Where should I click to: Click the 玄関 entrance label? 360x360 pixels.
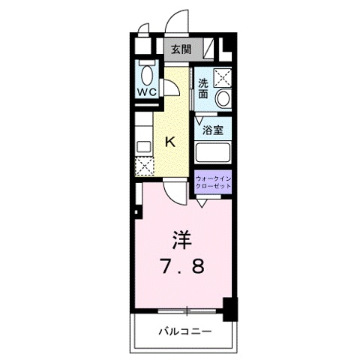179,49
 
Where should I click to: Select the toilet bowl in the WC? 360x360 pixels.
146,74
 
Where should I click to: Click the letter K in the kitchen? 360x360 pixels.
170,141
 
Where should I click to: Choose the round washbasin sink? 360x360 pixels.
223,98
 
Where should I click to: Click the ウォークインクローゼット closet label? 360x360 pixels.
214,181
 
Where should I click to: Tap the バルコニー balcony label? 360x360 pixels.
184,331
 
